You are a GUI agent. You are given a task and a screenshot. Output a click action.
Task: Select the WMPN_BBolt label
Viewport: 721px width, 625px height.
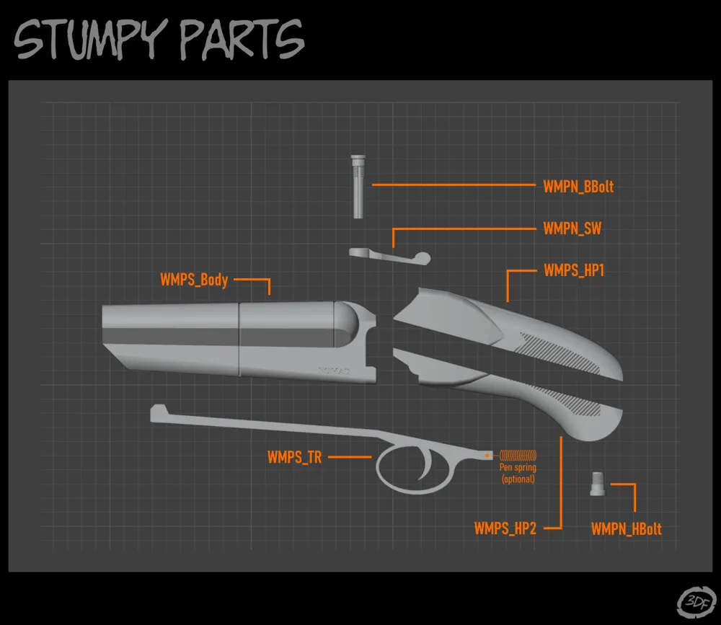click(578, 187)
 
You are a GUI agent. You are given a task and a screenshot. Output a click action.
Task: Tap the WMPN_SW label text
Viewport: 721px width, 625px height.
click(572, 229)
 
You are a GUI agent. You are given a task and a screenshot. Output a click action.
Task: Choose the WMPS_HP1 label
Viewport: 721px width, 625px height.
click(574, 271)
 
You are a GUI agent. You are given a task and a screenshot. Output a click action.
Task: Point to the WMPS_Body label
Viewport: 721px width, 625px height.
click(194, 280)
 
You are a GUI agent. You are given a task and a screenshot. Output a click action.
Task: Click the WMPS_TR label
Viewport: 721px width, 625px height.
click(294, 457)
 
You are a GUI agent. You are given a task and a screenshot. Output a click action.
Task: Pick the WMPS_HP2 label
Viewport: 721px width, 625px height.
click(505, 528)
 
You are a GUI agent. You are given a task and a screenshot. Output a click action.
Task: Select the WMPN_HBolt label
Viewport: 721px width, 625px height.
click(626, 529)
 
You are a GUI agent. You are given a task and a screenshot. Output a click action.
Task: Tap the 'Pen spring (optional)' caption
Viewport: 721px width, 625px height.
click(518, 474)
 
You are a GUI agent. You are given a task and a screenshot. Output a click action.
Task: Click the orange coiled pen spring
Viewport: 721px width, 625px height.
click(518, 455)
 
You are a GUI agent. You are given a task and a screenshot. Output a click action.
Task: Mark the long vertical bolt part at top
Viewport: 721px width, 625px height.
click(358, 187)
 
